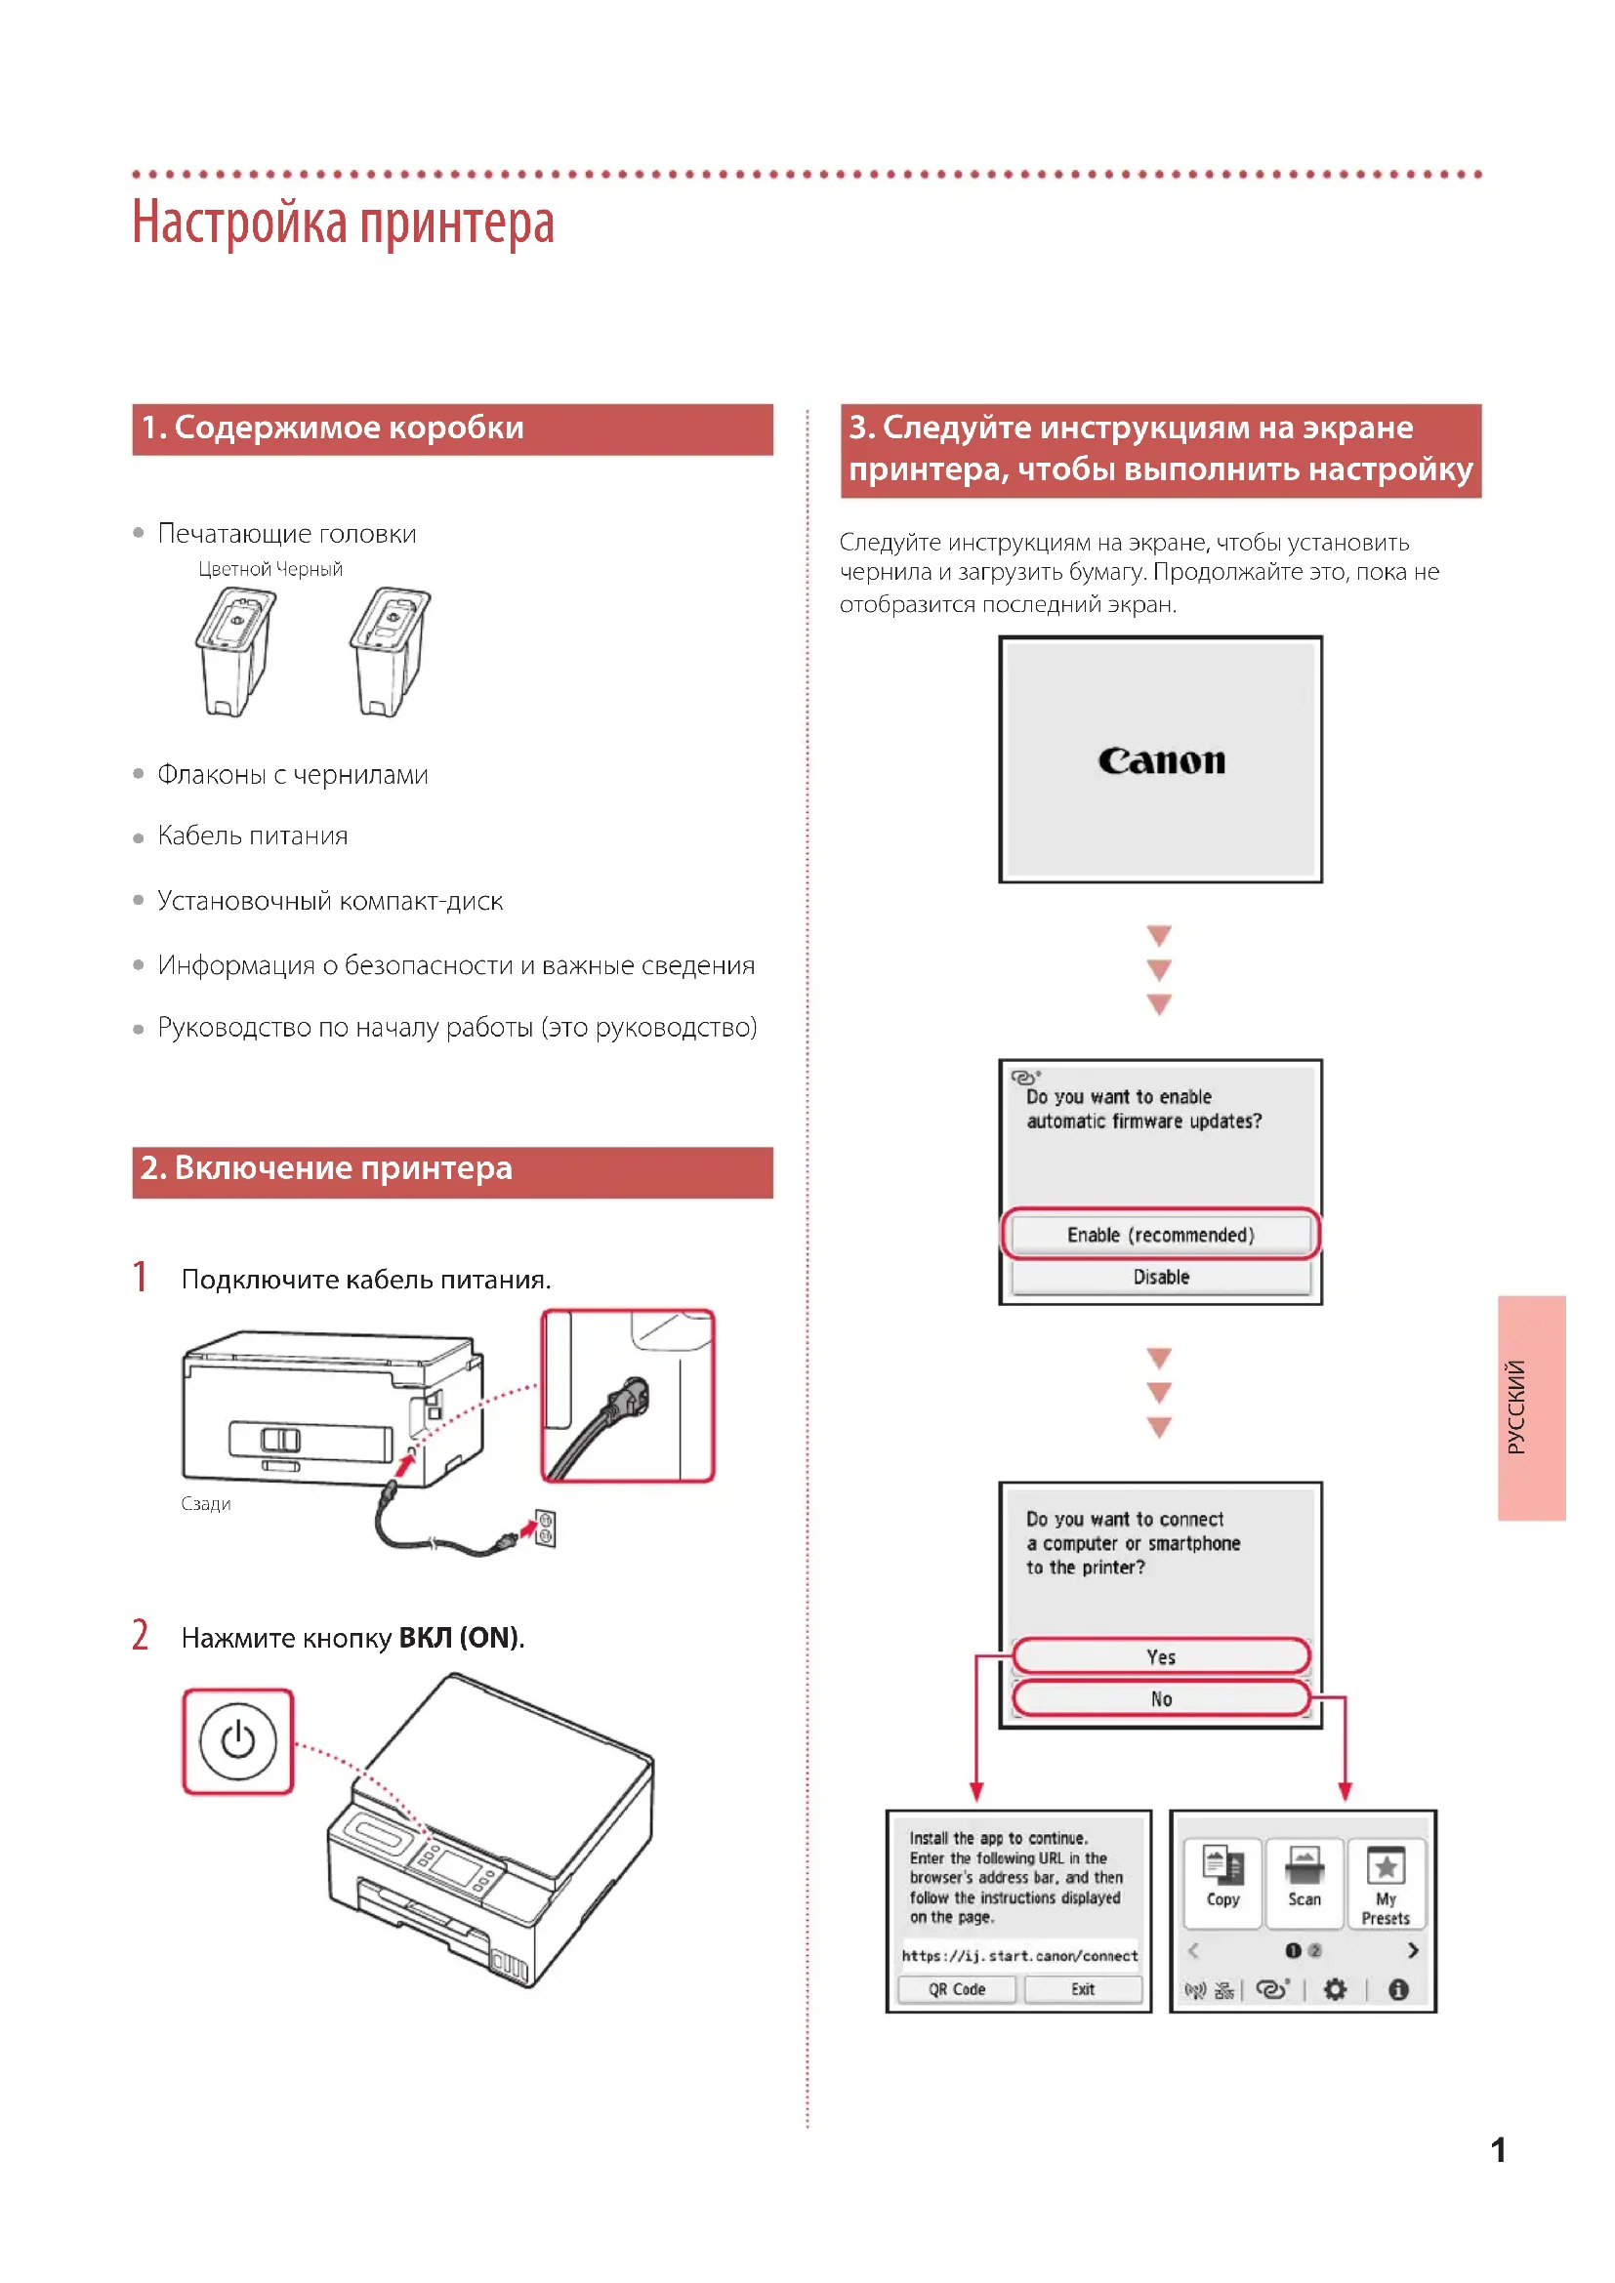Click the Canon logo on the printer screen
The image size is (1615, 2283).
[1161, 760]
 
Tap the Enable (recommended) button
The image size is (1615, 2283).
[1161, 1234]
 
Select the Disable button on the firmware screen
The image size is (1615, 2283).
[1161, 1277]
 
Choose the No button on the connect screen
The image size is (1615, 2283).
[1161, 1698]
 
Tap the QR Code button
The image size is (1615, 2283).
[957, 1988]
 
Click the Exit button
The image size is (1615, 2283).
[1082, 1988]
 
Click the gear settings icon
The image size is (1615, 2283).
[1335, 1988]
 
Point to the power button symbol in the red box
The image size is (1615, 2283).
[237, 1740]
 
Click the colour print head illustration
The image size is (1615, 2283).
[234, 650]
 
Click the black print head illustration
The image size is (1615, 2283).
[389, 650]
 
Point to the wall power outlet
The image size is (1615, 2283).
[545, 1529]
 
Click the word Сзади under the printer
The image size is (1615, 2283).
[206, 1503]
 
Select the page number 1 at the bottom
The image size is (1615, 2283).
[1498, 2149]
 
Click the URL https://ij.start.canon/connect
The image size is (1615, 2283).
[1019, 1955]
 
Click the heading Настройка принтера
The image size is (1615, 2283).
[343, 223]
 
